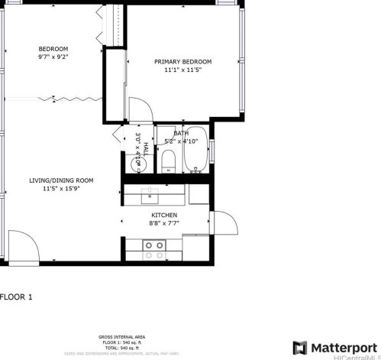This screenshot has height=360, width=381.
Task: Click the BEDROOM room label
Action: [x=53, y=49]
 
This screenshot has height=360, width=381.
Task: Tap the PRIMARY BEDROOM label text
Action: [x=182, y=62]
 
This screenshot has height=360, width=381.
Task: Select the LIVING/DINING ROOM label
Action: [x=61, y=180]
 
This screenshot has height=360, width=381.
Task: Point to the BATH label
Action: [x=180, y=134]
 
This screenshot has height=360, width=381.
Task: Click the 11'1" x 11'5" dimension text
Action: [x=182, y=70]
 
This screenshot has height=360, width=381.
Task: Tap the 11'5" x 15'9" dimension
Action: [x=61, y=189]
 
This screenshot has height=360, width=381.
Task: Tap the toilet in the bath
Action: [x=169, y=161]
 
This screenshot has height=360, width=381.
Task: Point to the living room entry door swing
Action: [x=21, y=245]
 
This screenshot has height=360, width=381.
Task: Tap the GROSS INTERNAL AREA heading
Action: [x=121, y=336]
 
